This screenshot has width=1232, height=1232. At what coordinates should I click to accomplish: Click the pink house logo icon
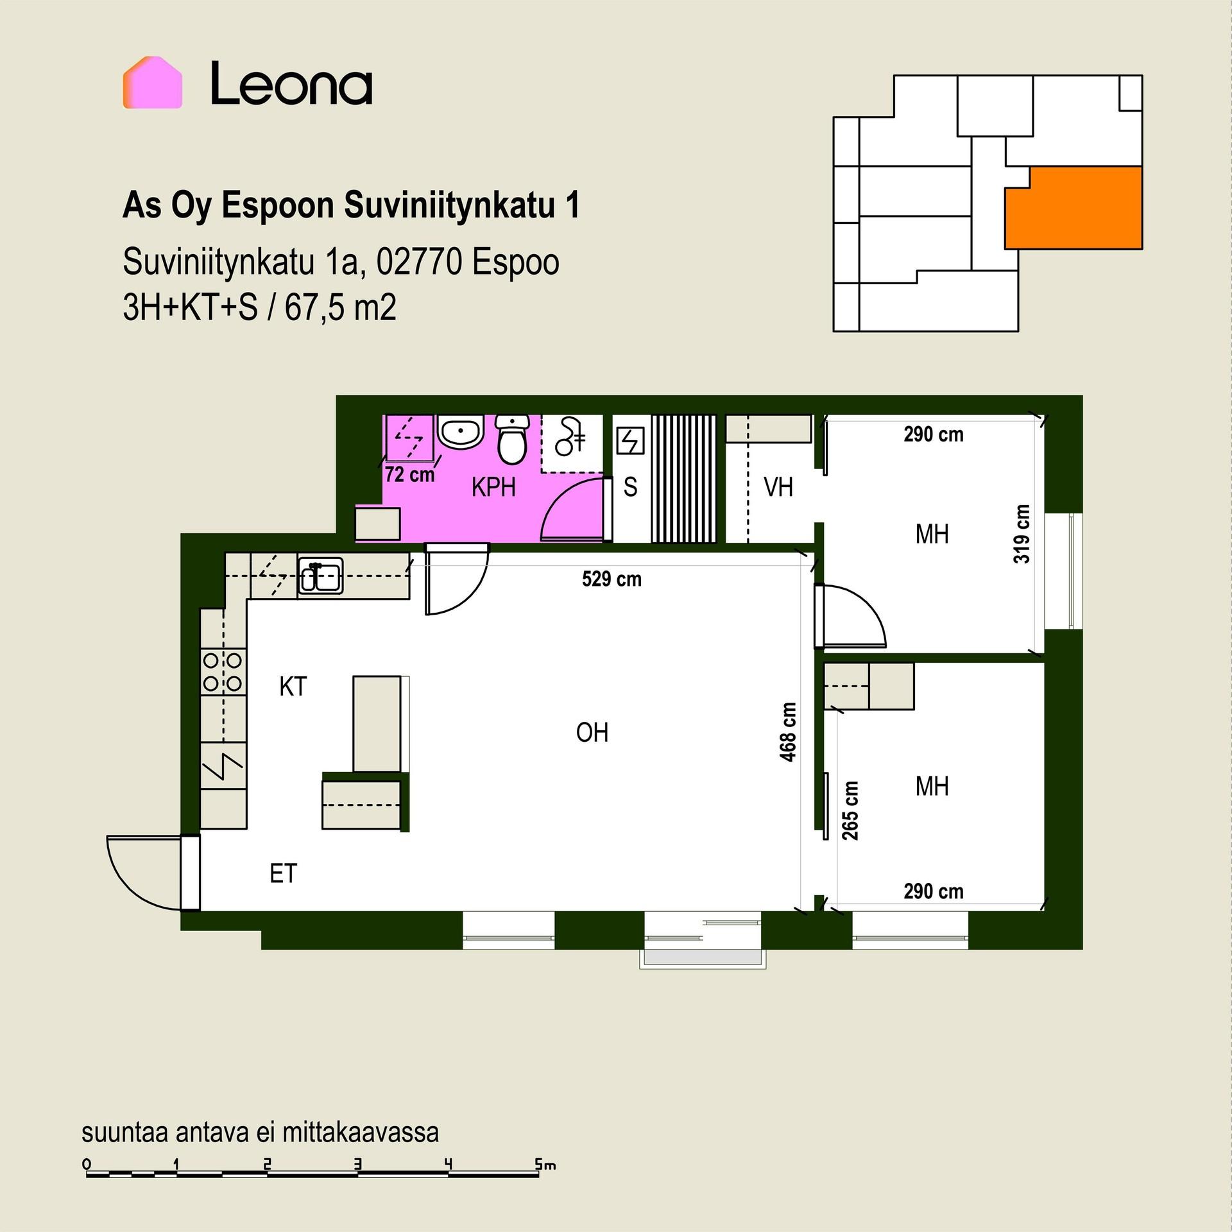153,83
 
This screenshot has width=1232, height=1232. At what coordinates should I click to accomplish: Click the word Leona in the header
291,83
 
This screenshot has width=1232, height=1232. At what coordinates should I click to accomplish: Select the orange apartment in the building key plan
1074,207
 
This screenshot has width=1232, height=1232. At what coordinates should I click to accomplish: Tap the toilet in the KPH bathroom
513,440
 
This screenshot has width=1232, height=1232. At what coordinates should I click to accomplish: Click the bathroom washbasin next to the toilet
460,432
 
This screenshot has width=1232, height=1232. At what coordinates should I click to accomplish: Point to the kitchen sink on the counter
321,575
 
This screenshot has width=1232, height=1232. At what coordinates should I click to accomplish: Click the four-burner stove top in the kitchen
223,672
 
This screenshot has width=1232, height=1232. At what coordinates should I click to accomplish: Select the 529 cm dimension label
612,579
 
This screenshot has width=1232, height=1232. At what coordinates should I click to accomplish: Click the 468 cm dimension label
788,732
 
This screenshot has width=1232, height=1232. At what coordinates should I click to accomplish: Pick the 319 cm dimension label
1022,534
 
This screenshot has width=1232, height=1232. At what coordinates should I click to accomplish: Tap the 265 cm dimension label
850,810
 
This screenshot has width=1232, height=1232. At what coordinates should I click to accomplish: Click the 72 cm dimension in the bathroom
410,475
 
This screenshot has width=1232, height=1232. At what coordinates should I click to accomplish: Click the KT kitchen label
293,687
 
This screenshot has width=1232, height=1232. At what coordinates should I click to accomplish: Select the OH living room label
592,732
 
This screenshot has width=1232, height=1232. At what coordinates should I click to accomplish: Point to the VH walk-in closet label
778,488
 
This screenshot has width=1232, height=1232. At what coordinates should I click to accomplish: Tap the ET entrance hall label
284,873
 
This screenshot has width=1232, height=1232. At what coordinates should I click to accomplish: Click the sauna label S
631,487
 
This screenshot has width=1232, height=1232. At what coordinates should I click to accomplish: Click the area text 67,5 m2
340,308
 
